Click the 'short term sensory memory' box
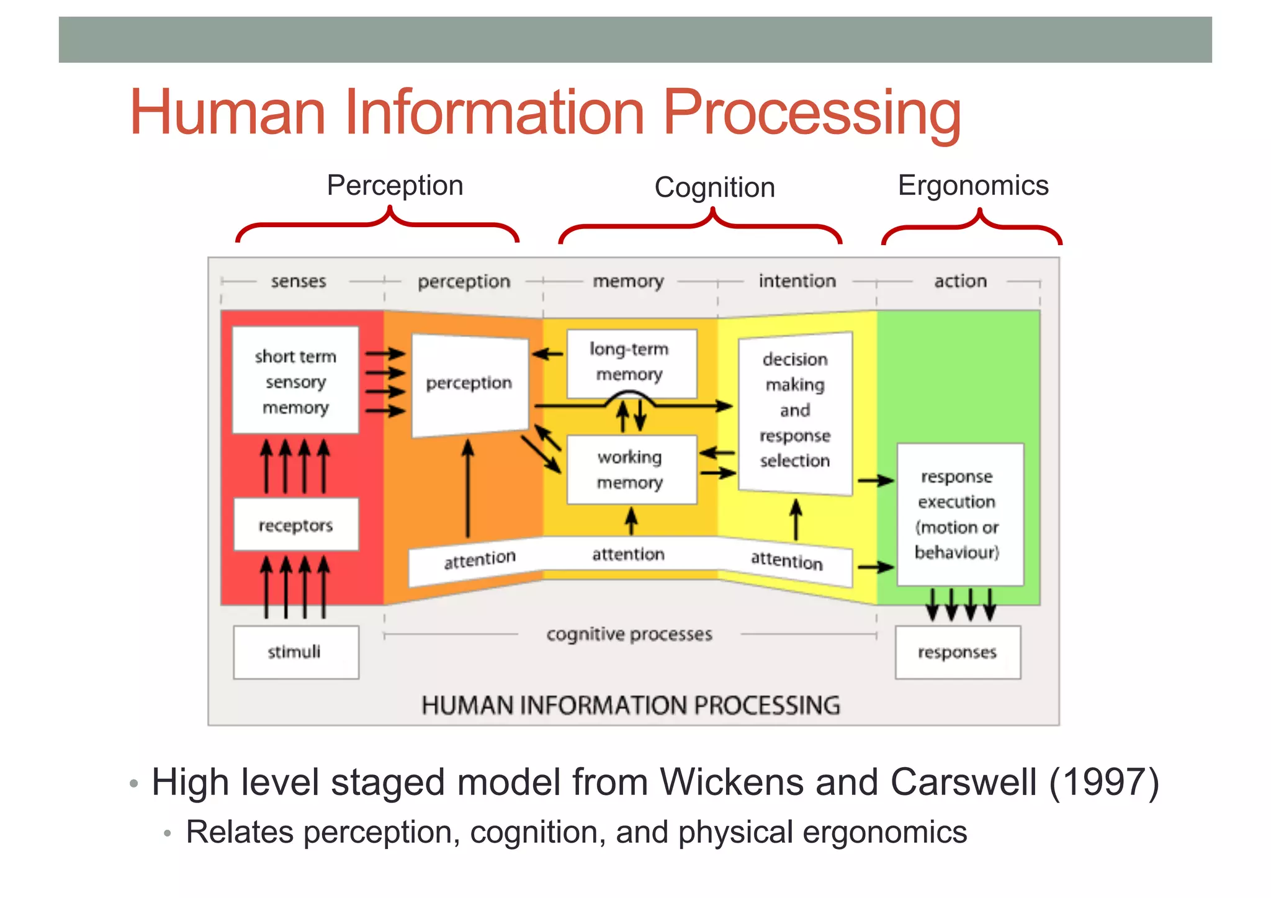point(295,380)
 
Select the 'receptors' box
point(295,525)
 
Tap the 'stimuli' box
point(295,652)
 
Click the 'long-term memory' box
point(631,362)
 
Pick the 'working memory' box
point(631,470)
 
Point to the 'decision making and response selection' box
point(795,410)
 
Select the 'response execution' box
point(959,514)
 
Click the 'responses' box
point(958,652)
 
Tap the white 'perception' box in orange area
point(469,384)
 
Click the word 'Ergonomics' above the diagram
point(972,186)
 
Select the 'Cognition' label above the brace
point(714,187)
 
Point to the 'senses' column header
point(299,281)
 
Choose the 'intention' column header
point(797,281)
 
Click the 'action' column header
point(960,281)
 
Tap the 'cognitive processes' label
point(629,634)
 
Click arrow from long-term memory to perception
point(548,354)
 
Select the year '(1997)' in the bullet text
point(1103,782)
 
